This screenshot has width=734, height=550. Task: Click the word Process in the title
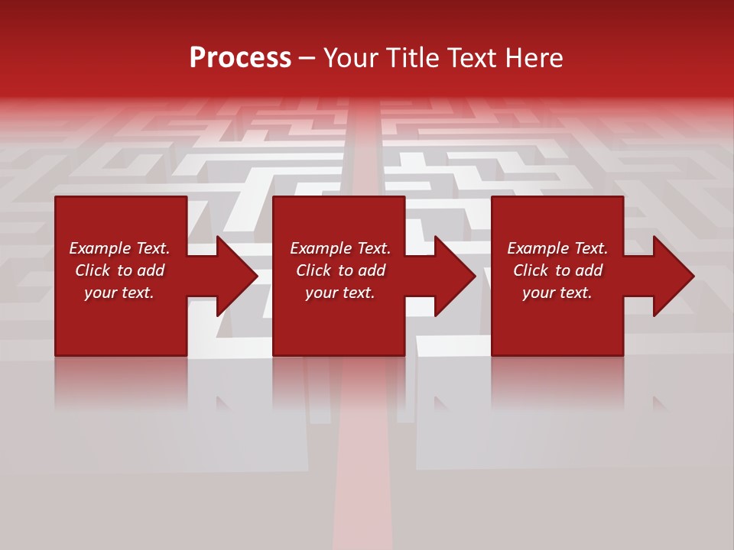coord(240,58)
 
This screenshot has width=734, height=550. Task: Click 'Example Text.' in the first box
coord(119,248)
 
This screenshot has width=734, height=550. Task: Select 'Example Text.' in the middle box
coord(340,248)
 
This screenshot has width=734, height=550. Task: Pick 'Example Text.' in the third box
coord(557,248)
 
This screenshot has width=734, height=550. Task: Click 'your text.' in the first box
coord(119,293)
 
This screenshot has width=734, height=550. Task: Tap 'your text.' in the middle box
coord(340,293)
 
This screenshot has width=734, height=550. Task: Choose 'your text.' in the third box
coord(557,293)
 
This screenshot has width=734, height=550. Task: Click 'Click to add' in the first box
coord(119,270)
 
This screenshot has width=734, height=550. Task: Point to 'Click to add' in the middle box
coord(340,270)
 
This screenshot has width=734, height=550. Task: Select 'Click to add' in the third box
coord(557,270)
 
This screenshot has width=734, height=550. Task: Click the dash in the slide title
coord(307,58)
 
